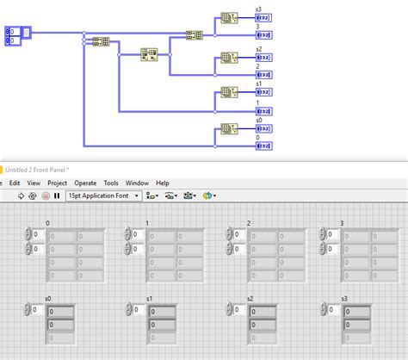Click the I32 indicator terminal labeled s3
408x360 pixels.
pyautogui.click(x=264, y=17)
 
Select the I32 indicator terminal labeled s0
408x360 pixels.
pyautogui.click(x=264, y=128)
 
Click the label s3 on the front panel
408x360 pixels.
pyautogui.click(x=344, y=298)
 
